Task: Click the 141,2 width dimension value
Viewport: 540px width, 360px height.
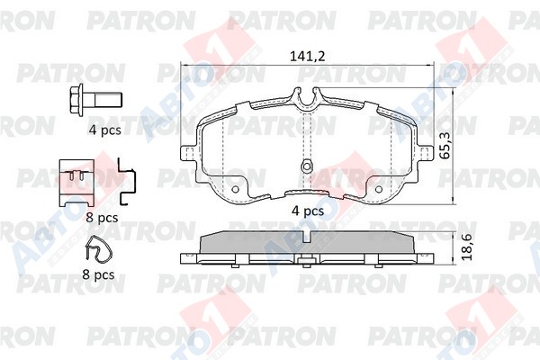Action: click(307, 56)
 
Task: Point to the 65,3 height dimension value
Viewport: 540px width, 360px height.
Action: click(445, 146)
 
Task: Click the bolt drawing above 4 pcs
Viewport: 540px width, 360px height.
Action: click(96, 100)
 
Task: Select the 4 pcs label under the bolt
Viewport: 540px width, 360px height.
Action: click(105, 130)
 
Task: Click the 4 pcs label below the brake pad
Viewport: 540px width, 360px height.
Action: click(308, 211)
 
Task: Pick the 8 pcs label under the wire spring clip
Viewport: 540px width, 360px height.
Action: click(98, 274)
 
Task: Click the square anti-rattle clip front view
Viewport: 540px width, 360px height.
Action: click(76, 183)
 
